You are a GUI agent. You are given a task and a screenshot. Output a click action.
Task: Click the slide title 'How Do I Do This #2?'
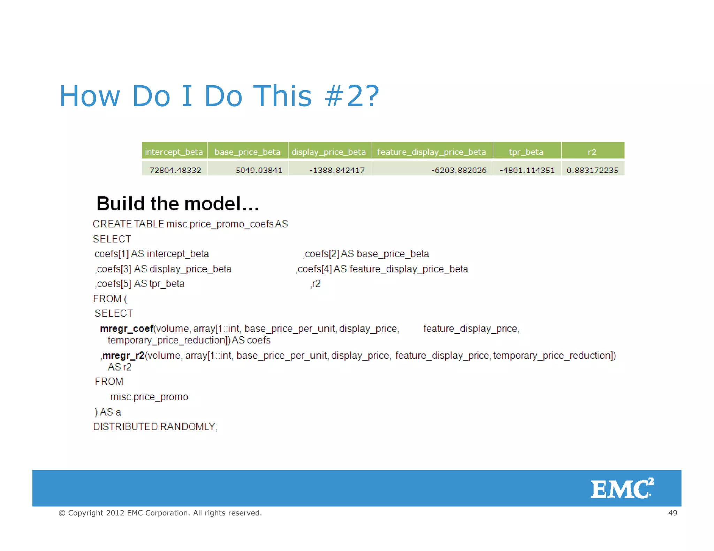(219, 96)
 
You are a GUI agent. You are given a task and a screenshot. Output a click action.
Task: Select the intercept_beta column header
(174, 152)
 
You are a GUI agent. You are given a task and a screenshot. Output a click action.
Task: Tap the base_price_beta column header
(248, 152)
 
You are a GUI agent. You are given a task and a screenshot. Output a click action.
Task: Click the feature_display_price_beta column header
(431, 152)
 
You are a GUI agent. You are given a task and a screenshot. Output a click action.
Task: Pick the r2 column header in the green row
(592, 152)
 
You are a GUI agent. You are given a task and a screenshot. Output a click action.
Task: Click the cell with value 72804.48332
(175, 170)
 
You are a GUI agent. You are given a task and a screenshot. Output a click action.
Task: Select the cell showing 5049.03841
(259, 170)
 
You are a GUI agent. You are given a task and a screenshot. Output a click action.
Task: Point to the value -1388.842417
(337, 170)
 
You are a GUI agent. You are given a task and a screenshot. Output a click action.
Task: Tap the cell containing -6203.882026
(458, 170)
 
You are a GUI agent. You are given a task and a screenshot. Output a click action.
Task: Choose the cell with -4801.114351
(527, 170)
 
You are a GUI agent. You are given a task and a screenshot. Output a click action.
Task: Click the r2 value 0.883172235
(592, 170)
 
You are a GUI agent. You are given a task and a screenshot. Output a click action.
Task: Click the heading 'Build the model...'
(177, 204)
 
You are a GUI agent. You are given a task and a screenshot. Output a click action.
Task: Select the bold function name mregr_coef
(127, 328)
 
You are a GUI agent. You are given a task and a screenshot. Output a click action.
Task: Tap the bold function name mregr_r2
(123, 355)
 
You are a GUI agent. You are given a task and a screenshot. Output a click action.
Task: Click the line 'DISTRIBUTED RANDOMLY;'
(155, 427)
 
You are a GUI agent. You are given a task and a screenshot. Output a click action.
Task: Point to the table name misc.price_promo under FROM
(149, 397)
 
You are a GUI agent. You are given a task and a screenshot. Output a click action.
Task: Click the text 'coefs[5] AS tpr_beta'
(140, 284)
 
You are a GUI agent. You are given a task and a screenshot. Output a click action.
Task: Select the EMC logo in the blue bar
(622, 489)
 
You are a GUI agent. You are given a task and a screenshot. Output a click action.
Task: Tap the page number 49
(672, 513)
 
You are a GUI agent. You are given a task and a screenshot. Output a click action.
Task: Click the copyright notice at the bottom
(160, 513)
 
